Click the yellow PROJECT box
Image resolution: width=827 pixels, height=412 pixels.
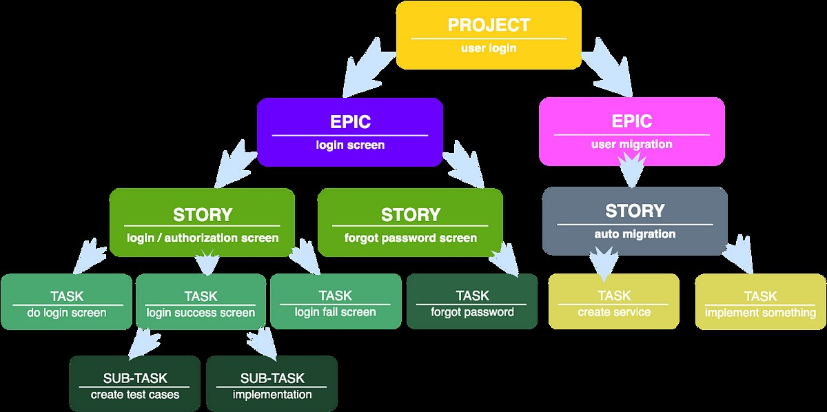489,35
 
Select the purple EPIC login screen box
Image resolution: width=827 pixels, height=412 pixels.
349,132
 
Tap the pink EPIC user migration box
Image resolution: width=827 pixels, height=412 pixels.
631,132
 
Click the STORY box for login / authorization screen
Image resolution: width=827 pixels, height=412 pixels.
202,223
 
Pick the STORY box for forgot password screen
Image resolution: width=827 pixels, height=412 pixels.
410,223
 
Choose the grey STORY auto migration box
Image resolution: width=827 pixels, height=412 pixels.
635,220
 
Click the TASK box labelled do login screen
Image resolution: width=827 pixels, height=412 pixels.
66,302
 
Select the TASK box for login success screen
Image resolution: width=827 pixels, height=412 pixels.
201,302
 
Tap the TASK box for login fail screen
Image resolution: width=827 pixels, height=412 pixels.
336,302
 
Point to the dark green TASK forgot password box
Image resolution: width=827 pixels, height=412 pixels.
472,302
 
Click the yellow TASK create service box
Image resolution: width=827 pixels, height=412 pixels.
613,302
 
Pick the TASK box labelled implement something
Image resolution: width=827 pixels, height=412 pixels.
760,302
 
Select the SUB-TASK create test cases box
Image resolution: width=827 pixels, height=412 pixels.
134,384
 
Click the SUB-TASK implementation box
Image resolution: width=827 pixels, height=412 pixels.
272,384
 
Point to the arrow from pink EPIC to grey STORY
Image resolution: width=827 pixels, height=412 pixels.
631,172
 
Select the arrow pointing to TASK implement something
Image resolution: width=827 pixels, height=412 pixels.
737,258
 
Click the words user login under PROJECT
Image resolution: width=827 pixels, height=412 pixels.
489,49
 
